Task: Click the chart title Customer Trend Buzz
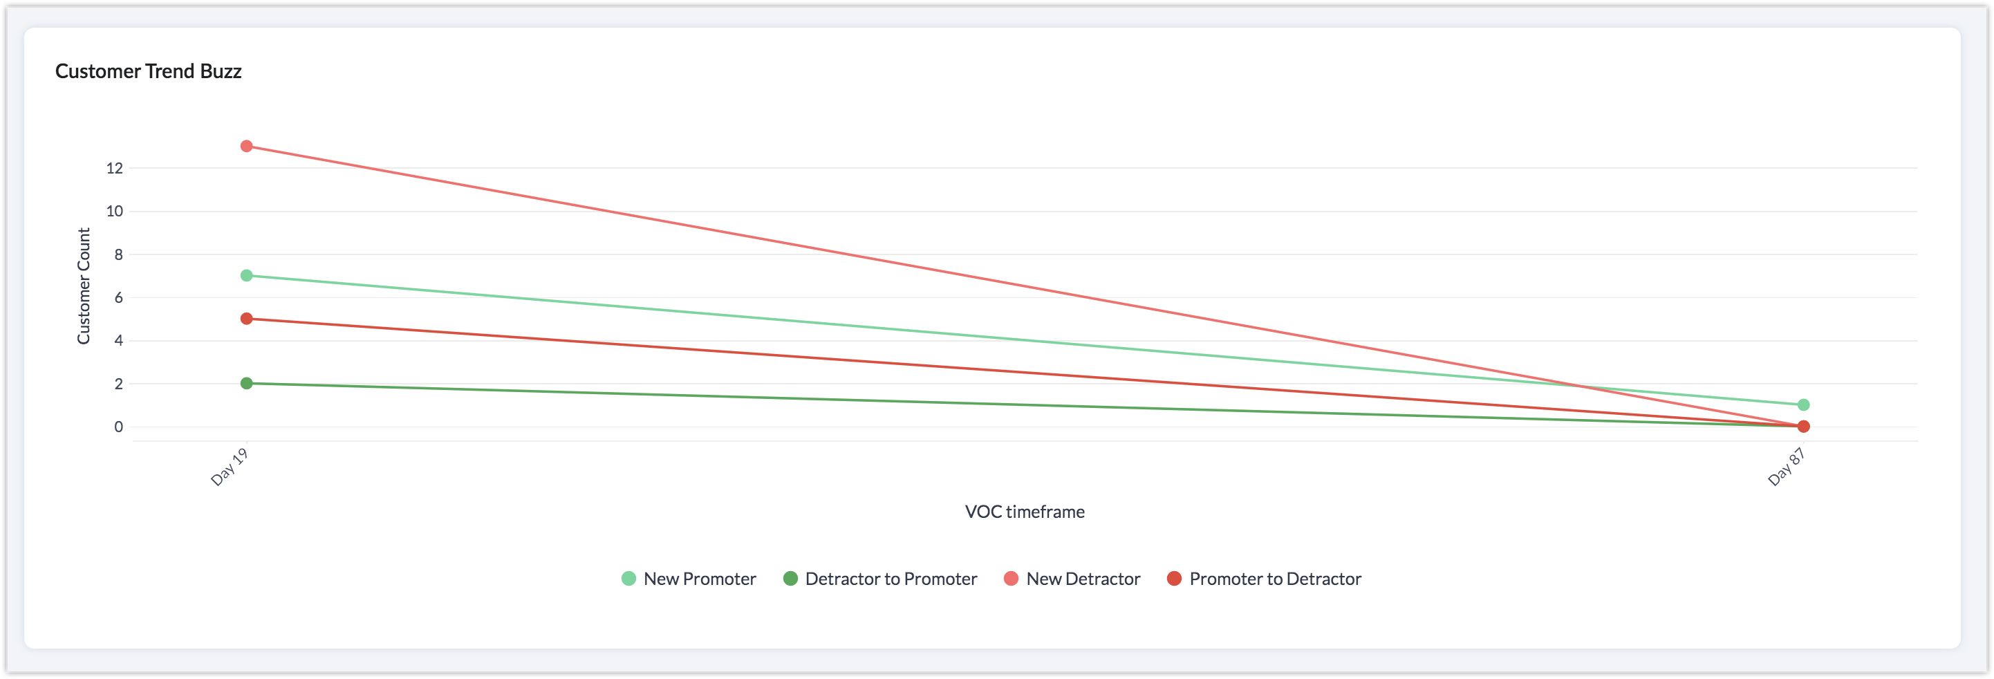point(148,71)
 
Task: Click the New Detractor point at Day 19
point(246,147)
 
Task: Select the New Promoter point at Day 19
point(246,276)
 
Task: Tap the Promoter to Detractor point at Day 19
point(246,319)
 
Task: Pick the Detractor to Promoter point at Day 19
point(246,383)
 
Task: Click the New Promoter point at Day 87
point(1802,405)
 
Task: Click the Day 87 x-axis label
point(1787,466)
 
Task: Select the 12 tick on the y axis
point(115,168)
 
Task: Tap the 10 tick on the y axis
point(115,212)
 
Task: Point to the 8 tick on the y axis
point(118,254)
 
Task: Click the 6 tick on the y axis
point(118,297)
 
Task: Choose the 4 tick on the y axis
point(118,341)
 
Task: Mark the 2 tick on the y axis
point(118,384)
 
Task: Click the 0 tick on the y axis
point(118,427)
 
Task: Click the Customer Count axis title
point(84,286)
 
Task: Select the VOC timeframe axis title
point(1024,512)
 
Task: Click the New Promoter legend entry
point(689,579)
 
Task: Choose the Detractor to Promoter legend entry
point(880,579)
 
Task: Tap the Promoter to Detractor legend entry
point(1264,579)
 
